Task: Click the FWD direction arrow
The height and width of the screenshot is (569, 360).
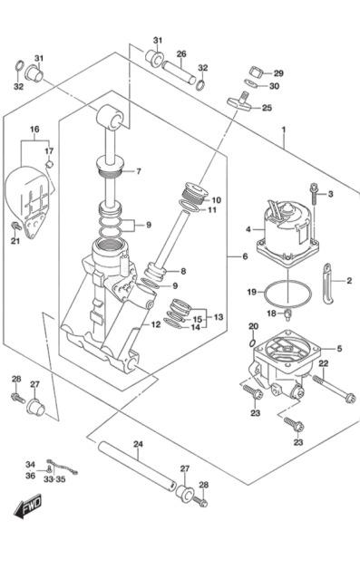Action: (28, 506)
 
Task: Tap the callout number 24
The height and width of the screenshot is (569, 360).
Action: (139, 444)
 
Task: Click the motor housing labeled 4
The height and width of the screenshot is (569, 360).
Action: (287, 232)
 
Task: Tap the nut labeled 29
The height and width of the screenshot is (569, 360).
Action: (257, 72)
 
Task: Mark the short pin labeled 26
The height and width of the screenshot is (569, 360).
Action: (179, 72)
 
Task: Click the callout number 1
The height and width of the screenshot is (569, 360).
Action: (284, 130)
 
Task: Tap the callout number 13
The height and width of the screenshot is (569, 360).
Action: (219, 317)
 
